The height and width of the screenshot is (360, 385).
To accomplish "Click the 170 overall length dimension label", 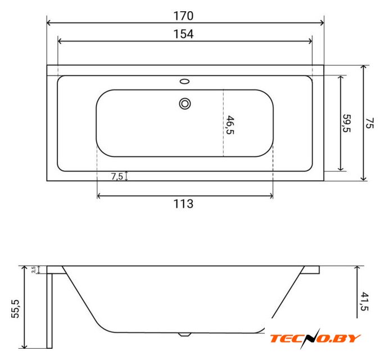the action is click(x=183, y=16).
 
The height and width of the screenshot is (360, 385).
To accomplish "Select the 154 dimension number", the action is click(x=183, y=34).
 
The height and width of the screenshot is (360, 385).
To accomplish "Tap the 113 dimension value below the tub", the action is click(x=183, y=204).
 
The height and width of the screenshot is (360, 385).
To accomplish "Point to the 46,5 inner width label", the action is click(x=230, y=125).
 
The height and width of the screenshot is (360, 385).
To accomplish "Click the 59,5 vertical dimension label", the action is click(x=347, y=123).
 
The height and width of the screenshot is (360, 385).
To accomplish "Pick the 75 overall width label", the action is click(x=370, y=123).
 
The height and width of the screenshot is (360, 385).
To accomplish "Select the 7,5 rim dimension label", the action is click(x=117, y=176).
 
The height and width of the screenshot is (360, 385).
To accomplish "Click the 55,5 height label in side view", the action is click(x=15, y=309).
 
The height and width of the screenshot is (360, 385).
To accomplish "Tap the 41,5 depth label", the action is click(x=365, y=301).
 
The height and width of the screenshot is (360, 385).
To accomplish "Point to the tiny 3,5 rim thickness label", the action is click(x=34, y=269).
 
